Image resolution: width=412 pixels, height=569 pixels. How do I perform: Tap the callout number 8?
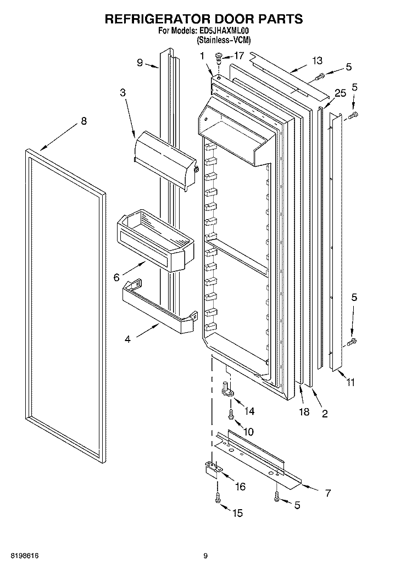tap(84, 121)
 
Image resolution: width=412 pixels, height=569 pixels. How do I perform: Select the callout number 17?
tap(239, 55)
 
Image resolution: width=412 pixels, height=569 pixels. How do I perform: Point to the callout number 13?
tap(318, 60)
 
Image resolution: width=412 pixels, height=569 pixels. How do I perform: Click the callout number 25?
tap(341, 93)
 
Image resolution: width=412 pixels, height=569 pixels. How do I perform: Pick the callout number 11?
tap(350, 382)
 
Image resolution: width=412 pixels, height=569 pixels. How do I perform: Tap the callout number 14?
tap(249, 411)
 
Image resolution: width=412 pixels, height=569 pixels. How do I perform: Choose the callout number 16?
tap(240, 486)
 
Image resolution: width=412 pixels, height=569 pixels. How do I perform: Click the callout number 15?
tap(237, 513)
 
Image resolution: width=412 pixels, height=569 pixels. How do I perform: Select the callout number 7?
tap(328, 493)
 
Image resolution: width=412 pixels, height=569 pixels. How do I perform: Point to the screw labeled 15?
tap(218, 498)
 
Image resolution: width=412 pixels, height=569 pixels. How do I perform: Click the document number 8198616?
tap(25, 556)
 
